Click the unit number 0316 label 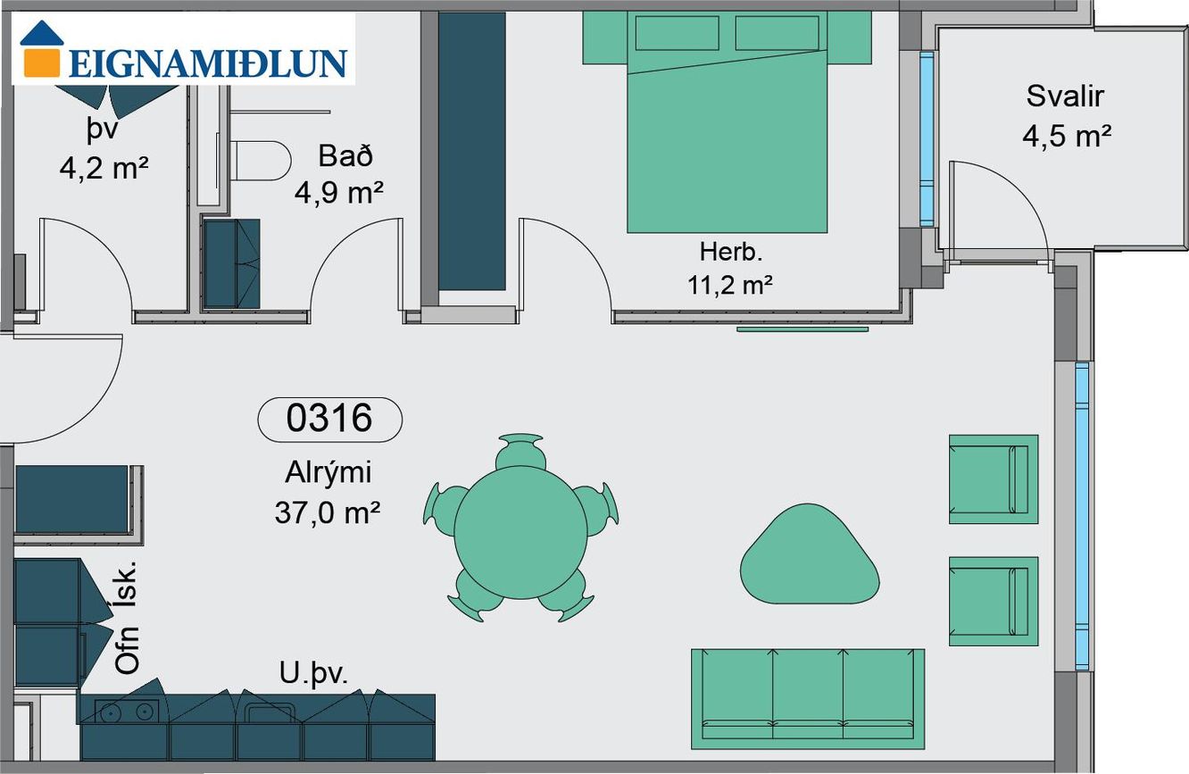(329, 419)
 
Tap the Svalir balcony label (1065, 96)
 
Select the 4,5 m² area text (1067, 136)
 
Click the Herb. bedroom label (731, 252)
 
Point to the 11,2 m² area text (730, 285)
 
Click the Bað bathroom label (345, 156)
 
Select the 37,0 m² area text (328, 512)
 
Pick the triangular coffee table (809, 555)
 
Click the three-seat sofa (808, 699)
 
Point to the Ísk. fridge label (128, 583)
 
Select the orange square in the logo (41, 62)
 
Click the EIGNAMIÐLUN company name (208, 63)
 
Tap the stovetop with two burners (127, 712)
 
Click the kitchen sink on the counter (269, 713)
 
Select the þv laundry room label (102, 130)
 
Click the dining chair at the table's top (520, 451)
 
